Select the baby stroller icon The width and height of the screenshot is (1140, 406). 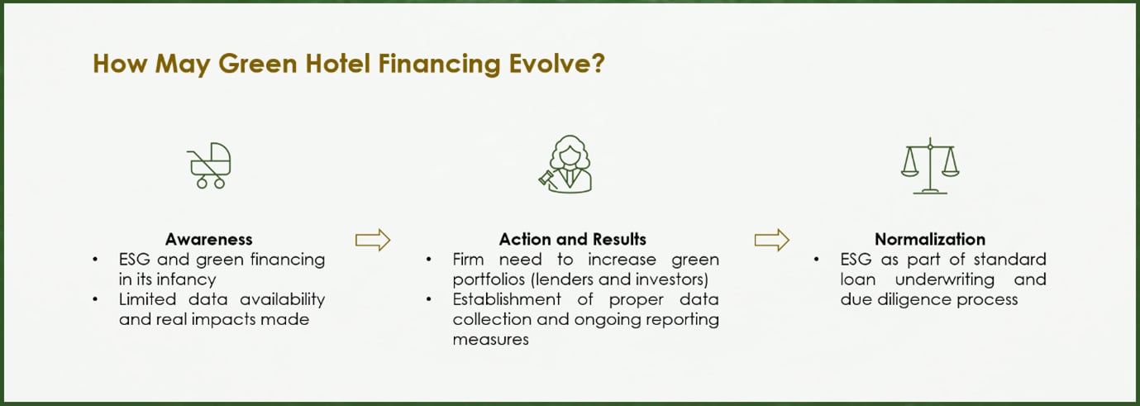209,165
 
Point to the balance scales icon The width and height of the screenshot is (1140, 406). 929,165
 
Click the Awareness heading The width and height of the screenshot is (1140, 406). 208,240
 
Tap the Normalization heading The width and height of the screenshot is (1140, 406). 929,240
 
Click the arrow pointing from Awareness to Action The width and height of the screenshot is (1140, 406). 372,240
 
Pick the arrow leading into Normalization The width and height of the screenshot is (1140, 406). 771,240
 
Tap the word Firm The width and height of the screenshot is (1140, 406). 469,260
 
